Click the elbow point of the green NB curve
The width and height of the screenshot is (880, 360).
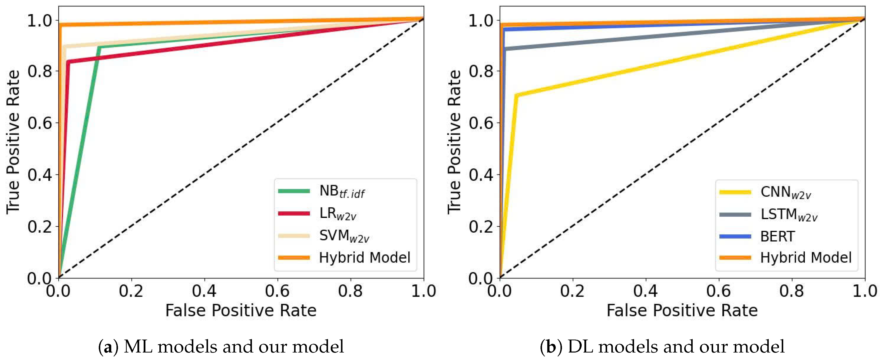click(x=99, y=47)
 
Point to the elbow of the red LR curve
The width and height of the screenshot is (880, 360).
click(x=68, y=62)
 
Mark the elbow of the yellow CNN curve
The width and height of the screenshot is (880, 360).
click(x=516, y=95)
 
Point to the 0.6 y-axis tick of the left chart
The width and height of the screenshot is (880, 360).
click(x=40, y=123)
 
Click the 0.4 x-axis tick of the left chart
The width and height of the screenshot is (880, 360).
click(x=204, y=291)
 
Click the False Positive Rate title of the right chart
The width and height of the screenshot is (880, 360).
click(x=682, y=310)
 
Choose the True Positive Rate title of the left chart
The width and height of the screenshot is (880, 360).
click(x=13, y=142)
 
